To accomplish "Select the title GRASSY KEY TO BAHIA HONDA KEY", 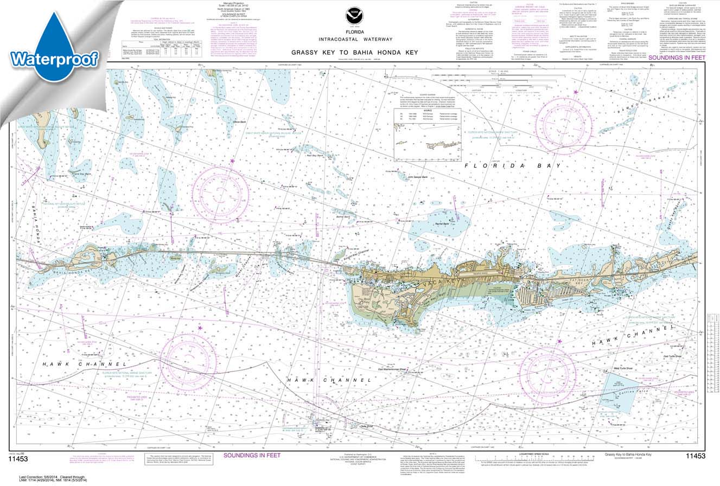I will [x=354, y=53].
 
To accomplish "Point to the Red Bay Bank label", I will [x=315, y=156].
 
